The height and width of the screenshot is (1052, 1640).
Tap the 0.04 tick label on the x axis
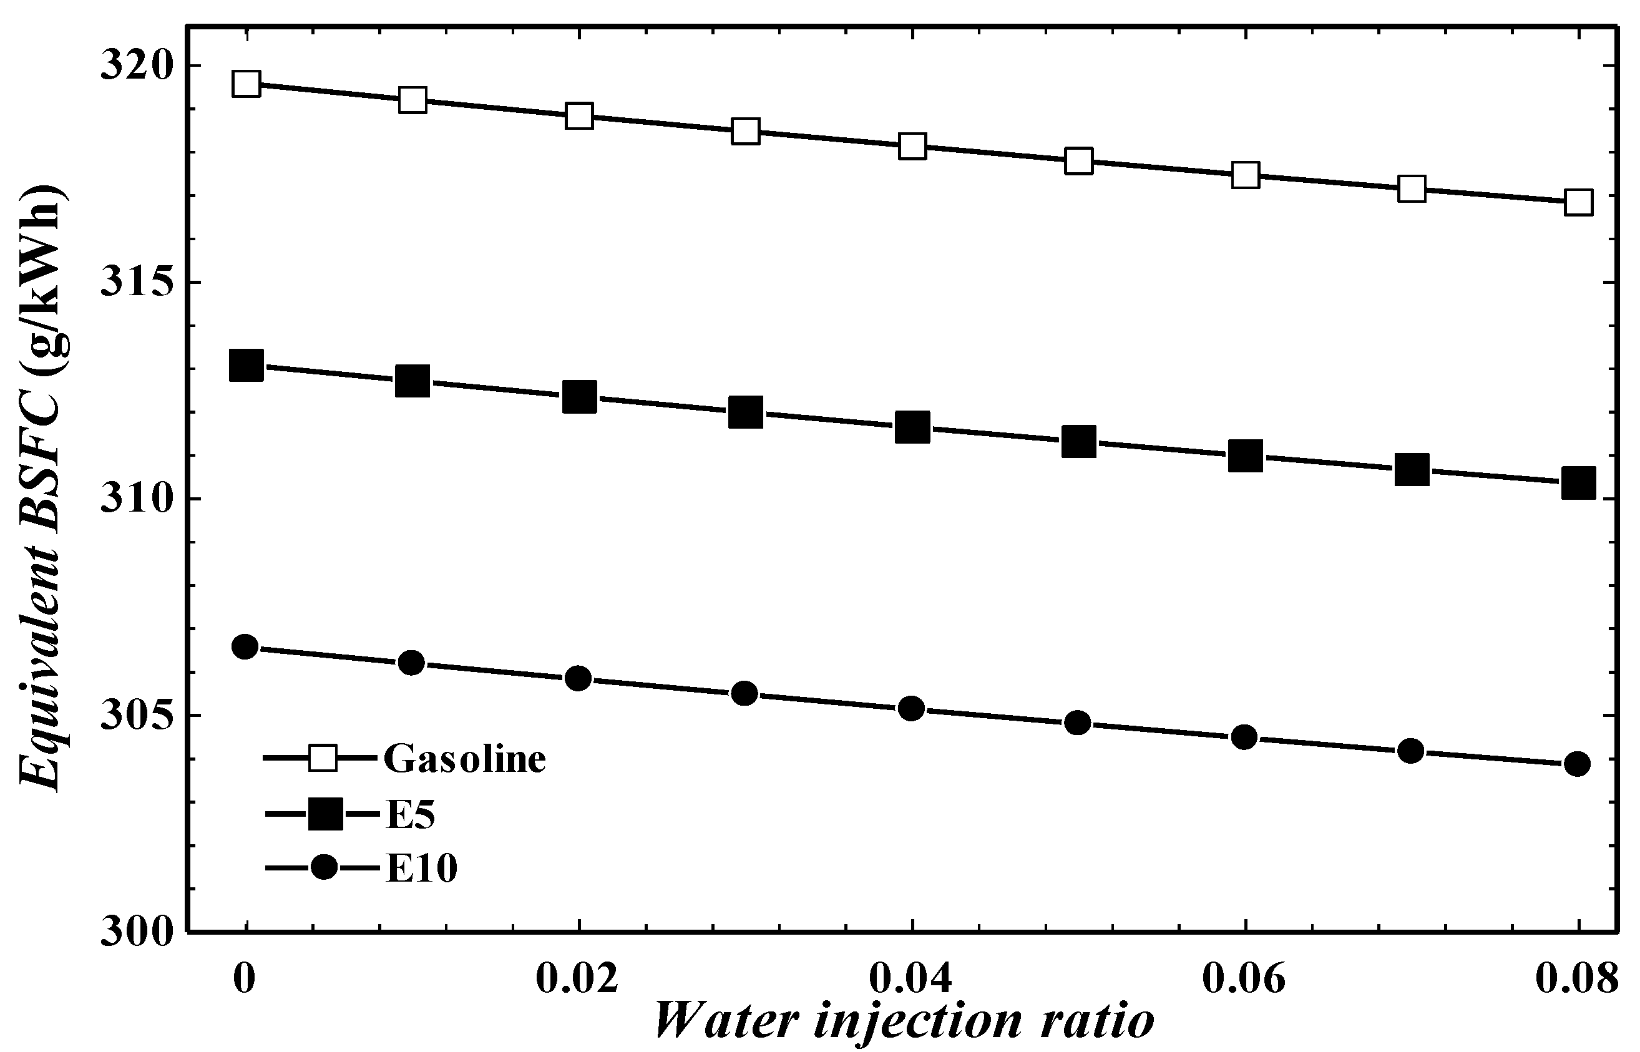tap(910, 978)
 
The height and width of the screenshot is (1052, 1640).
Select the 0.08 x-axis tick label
tap(1577, 978)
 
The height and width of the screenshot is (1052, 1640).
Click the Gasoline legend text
tap(464, 759)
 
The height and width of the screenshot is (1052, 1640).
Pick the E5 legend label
tap(410, 814)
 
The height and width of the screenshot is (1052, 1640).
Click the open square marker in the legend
tap(323, 758)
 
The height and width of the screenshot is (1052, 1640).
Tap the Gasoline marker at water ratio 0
tap(246, 84)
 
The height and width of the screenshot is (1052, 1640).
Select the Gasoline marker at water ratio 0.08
tap(1578, 202)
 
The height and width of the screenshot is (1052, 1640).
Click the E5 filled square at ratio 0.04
tap(912, 427)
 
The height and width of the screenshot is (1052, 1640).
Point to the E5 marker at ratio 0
tap(246, 366)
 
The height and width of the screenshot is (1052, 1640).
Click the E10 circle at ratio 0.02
tap(578, 678)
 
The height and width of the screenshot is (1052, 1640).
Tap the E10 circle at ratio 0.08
tap(1577, 763)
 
